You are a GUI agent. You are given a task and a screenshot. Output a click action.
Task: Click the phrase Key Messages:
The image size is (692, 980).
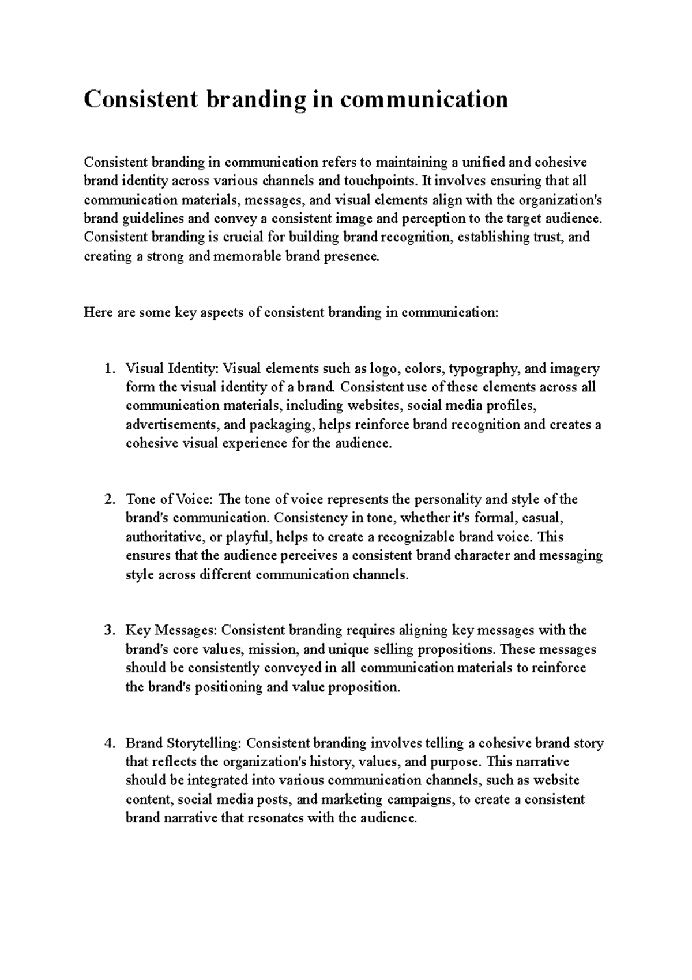[172, 630]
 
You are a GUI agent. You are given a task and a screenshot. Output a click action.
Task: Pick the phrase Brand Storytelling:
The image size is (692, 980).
[184, 743]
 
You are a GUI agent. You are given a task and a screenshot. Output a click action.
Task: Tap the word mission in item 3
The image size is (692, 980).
[275, 649]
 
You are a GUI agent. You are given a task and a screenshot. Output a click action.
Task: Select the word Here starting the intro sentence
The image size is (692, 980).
[97, 313]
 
